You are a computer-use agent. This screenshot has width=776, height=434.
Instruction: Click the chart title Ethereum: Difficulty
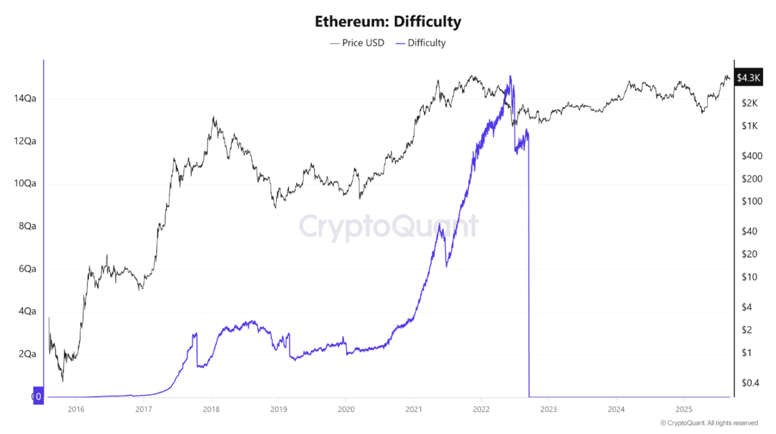tap(387, 22)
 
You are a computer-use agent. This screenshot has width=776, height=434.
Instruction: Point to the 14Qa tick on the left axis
tap(25, 99)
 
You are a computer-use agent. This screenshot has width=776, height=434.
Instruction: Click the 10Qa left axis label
tap(25, 184)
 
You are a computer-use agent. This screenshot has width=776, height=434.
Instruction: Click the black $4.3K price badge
tap(748, 78)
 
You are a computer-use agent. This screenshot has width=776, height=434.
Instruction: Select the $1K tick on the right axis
tap(749, 126)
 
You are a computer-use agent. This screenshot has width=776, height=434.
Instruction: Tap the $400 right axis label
tap(752, 156)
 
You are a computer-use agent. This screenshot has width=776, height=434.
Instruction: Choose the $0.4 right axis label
tap(751, 383)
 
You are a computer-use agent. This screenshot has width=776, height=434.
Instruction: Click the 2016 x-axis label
tap(75, 410)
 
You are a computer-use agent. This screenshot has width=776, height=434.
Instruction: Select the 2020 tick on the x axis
tap(346, 410)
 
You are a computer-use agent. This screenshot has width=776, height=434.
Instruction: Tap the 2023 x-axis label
tap(549, 410)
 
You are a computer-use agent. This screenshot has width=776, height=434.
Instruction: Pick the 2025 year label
tap(684, 410)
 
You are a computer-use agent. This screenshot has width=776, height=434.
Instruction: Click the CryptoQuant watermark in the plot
tap(389, 226)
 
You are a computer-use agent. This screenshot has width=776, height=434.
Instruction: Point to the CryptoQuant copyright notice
tap(709, 423)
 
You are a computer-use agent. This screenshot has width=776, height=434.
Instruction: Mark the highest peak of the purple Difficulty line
tap(510, 76)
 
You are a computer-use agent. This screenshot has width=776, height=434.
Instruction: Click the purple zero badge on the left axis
tap(38, 396)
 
